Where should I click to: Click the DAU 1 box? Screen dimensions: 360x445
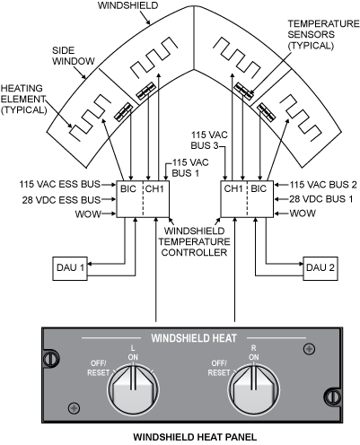pos(70,268)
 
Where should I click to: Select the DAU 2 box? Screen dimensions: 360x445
pos(320,268)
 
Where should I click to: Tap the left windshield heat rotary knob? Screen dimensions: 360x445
pos(133,388)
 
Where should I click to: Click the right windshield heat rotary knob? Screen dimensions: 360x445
pos(254,388)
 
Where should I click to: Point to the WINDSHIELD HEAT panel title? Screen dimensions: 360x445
pos(194,338)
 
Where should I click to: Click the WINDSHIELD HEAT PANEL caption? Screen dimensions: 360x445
pos(195,437)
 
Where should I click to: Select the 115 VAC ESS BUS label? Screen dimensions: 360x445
pos(60,184)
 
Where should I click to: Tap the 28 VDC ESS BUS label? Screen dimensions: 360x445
pos(61,200)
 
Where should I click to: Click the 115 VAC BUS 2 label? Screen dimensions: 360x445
pos(323,185)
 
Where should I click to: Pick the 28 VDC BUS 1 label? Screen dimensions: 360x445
pos(321,199)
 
